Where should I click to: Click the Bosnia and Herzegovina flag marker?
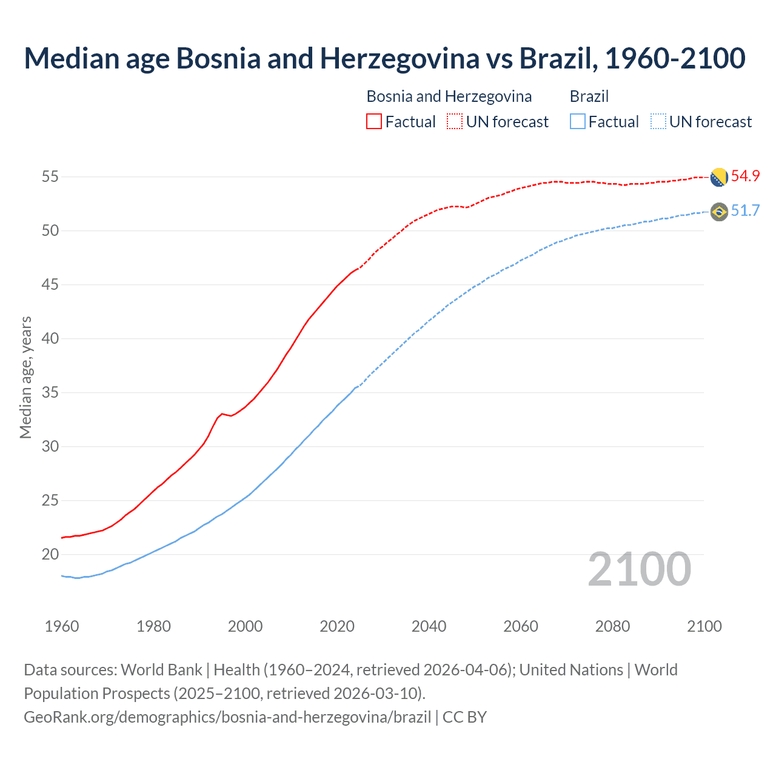(719, 177)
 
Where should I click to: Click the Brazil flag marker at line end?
(719, 212)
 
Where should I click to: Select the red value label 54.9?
(745, 176)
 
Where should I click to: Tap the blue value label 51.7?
(745, 210)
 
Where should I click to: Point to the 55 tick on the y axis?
(50, 177)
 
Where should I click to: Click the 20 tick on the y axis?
(50, 554)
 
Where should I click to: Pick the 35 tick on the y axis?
(50, 392)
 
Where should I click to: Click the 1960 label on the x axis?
(62, 626)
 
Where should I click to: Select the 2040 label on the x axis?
(429, 626)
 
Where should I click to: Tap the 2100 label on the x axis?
(704, 626)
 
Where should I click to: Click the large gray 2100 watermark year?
(639, 569)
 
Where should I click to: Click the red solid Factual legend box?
(374, 121)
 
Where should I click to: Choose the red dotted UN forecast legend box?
(455, 121)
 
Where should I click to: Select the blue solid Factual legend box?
(578, 121)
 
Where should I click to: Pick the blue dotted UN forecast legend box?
(658, 121)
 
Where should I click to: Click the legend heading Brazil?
(589, 96)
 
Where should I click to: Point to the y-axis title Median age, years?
(25, 377)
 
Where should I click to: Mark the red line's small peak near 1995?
(222, 413)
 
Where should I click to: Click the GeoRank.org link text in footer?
(227, 717)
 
